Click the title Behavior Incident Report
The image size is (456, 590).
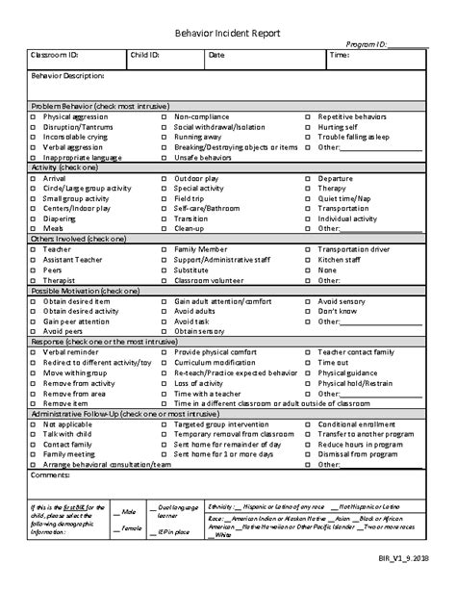click(x=227, y=33)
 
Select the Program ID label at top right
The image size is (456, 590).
click(x=367, y=44)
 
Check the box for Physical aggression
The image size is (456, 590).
click(x=33, y=116)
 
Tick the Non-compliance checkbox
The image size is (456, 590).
click(x=164, y=116)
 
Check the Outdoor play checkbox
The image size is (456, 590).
click(x=164, y=178)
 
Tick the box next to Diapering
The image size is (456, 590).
click(x=33, y=218)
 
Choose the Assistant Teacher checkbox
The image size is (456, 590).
click(x=33, y=260)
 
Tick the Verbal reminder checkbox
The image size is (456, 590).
click(x=33, y=352)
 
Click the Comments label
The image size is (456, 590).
click(x=51, y=475)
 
